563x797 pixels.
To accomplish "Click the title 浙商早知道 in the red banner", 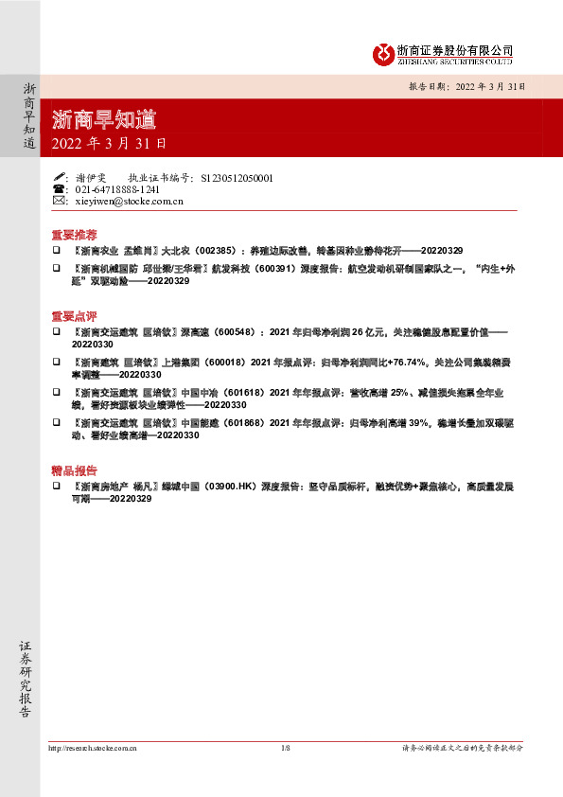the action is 104,119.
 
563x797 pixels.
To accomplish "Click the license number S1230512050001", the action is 237,177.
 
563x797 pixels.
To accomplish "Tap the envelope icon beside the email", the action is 59,202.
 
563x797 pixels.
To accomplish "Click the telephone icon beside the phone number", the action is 59,189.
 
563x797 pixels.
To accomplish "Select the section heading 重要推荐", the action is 73,234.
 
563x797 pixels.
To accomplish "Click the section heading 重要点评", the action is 73,315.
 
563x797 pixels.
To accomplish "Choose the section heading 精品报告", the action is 73,469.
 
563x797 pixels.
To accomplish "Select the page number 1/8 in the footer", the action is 285,748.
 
